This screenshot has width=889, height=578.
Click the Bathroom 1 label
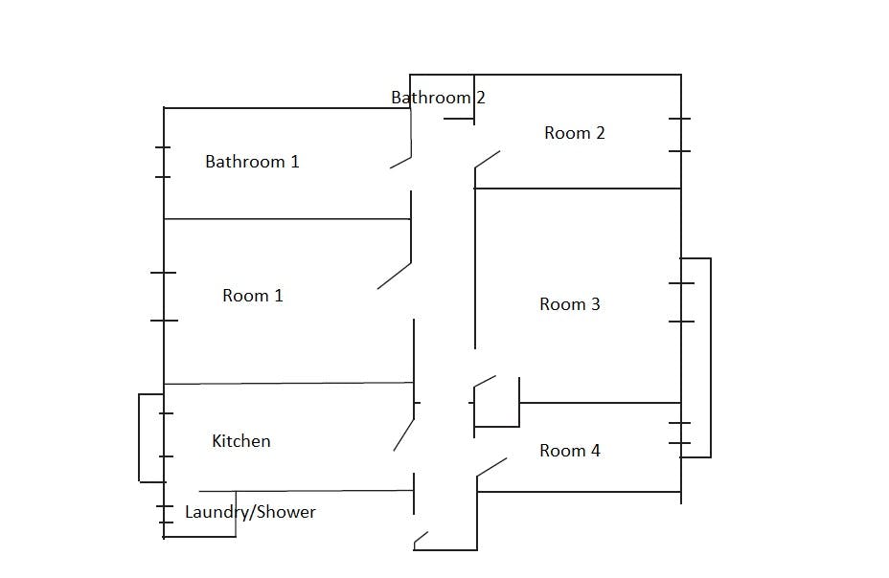[x=252, y=162]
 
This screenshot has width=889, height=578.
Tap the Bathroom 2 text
[x=438, y=98]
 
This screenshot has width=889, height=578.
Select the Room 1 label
[x=252, y=296]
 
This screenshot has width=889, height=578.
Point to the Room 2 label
[x=575, y=133]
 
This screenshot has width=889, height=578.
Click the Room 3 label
[x=569, y=304]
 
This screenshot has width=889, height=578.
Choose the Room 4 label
[x=569, y=451]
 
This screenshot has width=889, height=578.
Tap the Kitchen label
[x=241, y=441]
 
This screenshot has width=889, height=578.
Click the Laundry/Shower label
[x=250, y=512]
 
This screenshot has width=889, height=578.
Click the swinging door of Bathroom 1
[x=400, y=163]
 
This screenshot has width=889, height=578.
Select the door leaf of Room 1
[x=394, y=276]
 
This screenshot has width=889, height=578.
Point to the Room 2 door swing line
[x=487, y=160]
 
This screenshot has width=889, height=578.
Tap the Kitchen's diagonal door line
[x=403, y=434]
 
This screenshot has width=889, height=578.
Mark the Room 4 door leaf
[x=491, y=468]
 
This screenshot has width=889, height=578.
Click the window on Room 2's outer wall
[x=680, y=135]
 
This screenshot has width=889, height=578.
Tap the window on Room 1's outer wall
[x=164, y=297]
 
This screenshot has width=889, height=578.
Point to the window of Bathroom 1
[x=163, y=162]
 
